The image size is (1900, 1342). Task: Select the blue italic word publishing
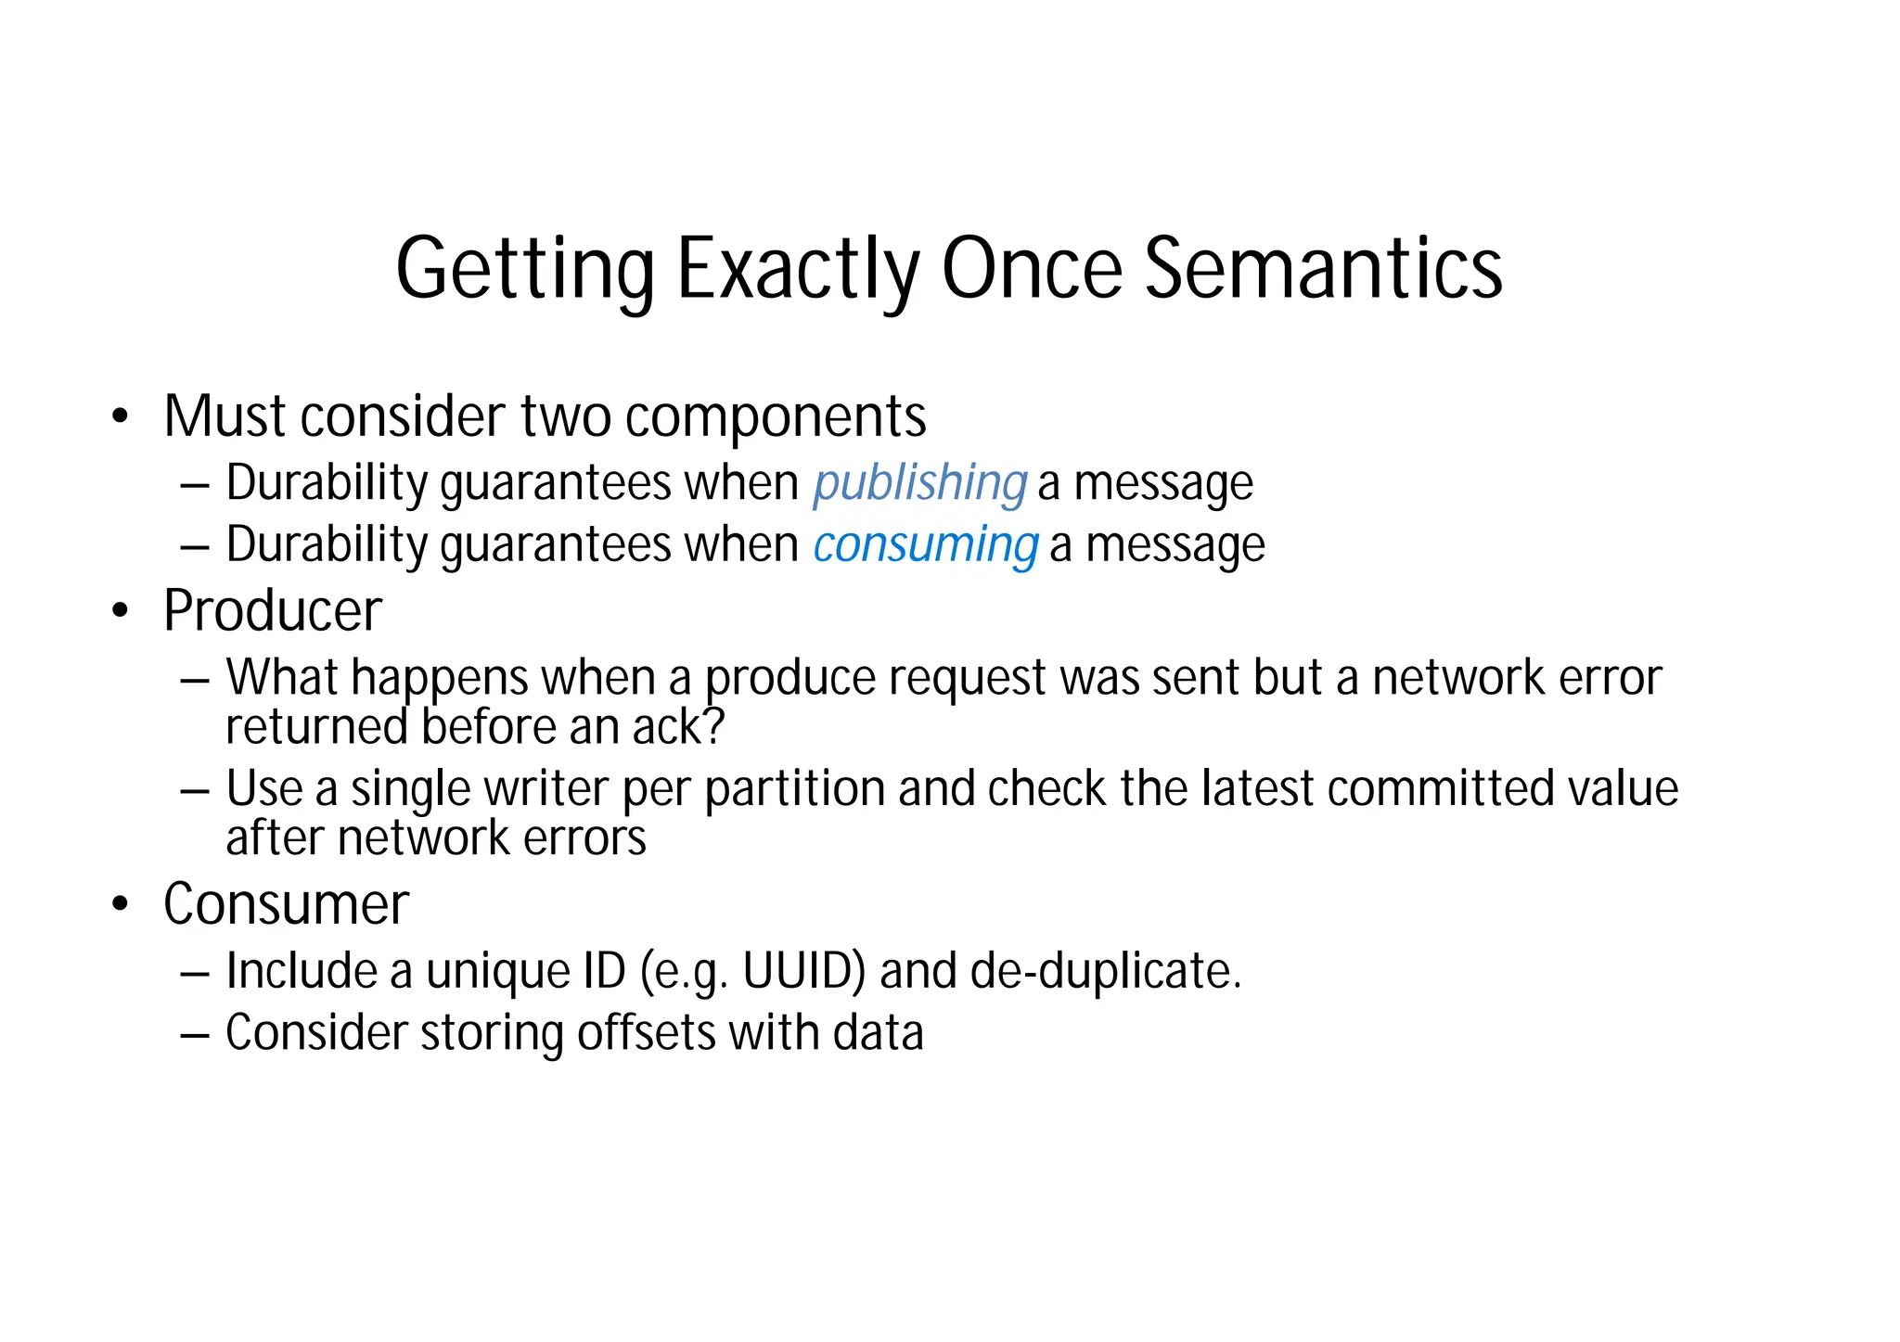919,484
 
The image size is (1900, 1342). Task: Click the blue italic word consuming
925,545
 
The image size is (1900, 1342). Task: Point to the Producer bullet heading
273,611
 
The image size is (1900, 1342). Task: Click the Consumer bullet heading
286,904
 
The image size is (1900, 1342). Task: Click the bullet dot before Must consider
119,417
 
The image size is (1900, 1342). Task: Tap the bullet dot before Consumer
119,904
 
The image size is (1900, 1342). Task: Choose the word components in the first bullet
776,417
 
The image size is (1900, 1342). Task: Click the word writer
546,789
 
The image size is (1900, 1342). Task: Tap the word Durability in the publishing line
326,484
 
